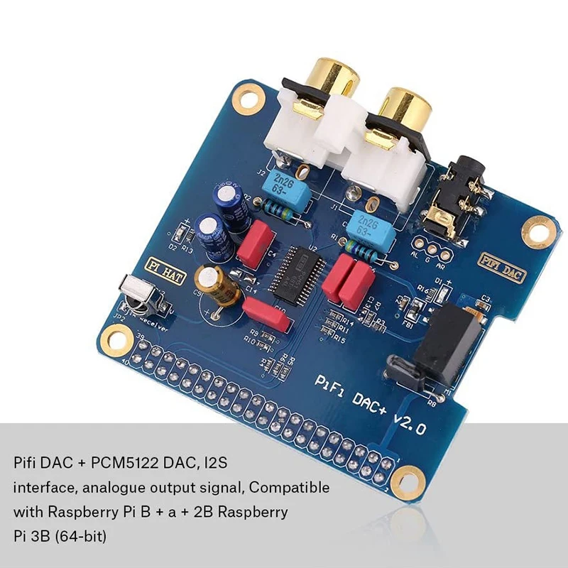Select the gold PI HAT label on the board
[165, 268]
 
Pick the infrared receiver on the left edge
[136, 293]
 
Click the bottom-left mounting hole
[114, 334]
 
